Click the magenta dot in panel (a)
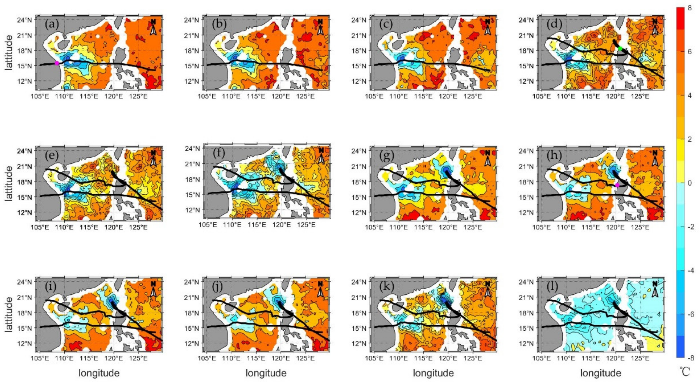[x=57, y=63]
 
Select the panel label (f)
[x=219, y=153]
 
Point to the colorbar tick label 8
[x=690, y=8]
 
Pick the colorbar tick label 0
[x=690, y=183]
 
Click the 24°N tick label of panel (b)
[x=192, y=20]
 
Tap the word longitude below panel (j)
[x=266, y=373]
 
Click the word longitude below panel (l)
[x=601, y=373]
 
